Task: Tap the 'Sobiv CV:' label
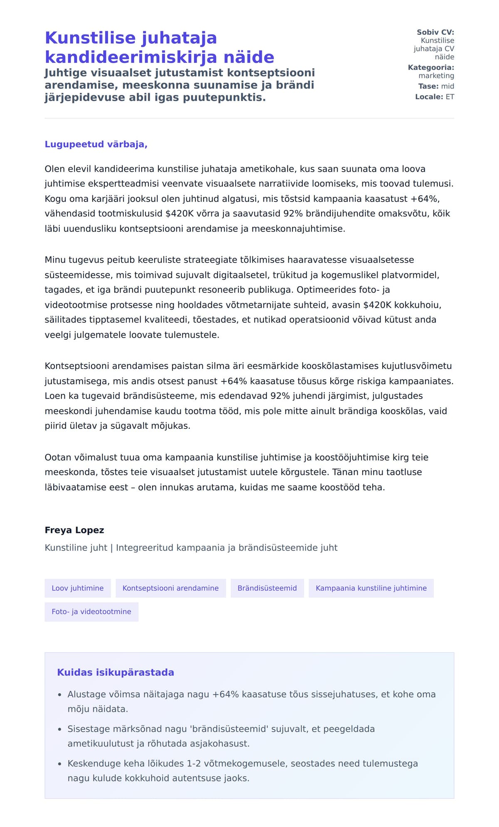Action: coord(435,32)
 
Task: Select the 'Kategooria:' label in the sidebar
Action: coord(431,67)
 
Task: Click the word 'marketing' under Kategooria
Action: coord(436,76)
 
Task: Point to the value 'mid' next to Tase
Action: coord(447,86)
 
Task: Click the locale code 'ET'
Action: coord(450,97)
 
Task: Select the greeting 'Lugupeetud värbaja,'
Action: coord(96,144)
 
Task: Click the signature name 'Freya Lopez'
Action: coord(74,530)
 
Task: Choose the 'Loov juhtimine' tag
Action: coord(78,588)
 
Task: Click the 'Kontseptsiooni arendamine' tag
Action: coord(170,588)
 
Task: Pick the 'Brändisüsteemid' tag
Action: coord(267,588)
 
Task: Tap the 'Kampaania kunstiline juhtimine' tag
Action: coord(371,588)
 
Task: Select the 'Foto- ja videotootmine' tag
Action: coord(91,612)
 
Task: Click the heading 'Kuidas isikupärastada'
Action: coord(116,672)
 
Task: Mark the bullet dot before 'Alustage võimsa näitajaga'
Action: coord(60,695)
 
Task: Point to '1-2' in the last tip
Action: coord(196,763)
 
